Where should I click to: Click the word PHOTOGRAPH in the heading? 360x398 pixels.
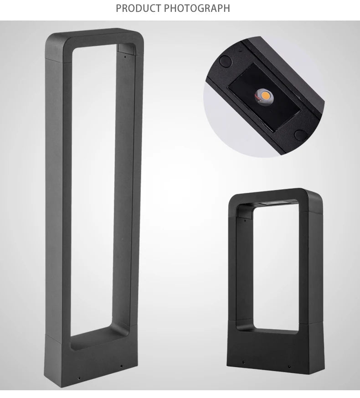tap(197, 8)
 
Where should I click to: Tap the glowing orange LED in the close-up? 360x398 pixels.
tap(265, 96)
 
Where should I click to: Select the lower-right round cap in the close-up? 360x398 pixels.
tap(301, 135)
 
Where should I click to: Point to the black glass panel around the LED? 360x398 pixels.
tap(264, 97)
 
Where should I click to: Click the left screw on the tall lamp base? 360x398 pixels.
tap(79, 378)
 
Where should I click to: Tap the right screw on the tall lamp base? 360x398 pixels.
tap(121, 366)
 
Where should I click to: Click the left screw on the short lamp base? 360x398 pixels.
tap(243, 362)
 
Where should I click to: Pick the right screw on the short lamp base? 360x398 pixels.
tap(289, 366)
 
